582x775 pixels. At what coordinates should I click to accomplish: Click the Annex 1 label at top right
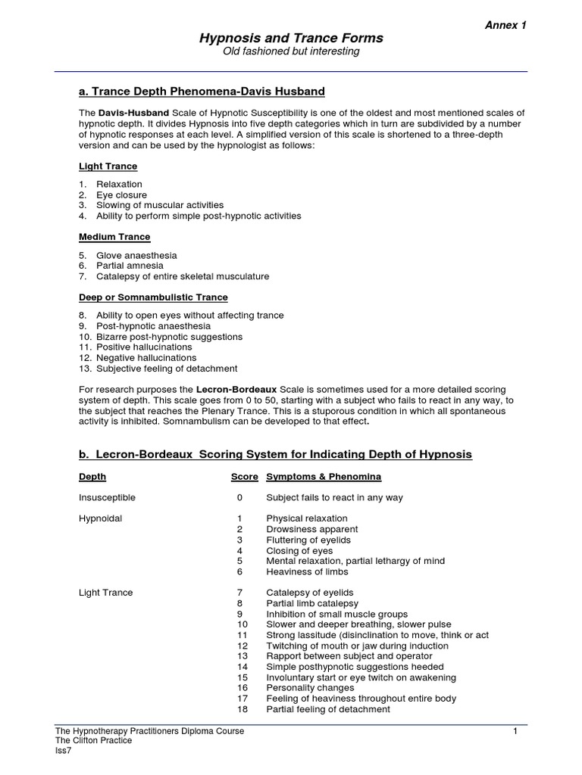coord(505,25)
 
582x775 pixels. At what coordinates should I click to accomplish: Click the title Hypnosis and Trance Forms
coord(291,38)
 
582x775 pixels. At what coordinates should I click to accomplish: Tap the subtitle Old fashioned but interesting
coord(291,51)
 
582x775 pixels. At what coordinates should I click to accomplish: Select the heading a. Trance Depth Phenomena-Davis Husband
coord(202,92)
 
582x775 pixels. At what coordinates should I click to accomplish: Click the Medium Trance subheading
coord(114,237)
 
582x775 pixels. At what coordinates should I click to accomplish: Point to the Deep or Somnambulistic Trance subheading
coord(153,297)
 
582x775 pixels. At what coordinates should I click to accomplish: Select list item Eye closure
coord(121,195)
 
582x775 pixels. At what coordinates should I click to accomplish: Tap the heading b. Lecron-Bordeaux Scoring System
coord(275,455)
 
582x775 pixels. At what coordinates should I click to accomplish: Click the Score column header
coord(244,477)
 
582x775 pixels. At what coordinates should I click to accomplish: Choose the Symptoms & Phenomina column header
coord(324,477)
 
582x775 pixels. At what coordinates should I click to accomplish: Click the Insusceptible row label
coord(107,498)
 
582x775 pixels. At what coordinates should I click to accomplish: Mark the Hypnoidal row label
coord(100,519)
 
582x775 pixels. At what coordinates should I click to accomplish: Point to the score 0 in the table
coord(239,498)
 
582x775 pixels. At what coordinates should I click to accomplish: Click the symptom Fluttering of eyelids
coord(310,540)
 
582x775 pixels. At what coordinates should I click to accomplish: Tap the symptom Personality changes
coord(311,688)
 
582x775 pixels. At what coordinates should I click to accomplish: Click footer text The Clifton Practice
coord(93,741)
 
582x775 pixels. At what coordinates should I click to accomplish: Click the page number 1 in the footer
coord(515,731)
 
